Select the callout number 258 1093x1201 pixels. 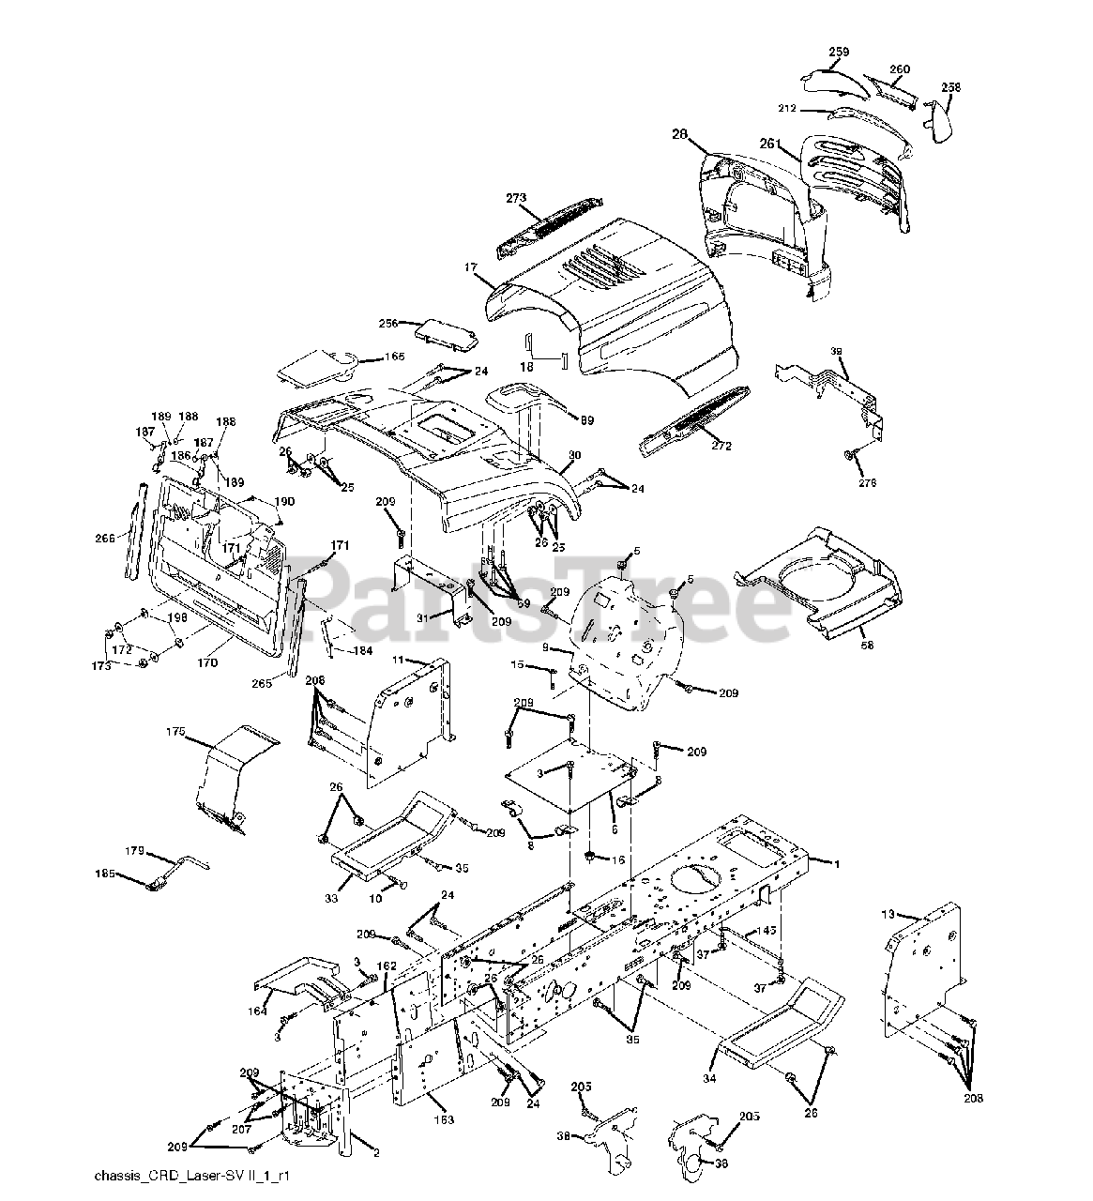tap(950, 87)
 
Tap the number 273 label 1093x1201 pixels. tap(516, 199)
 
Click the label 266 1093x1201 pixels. tap(105, 538)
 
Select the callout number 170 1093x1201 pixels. tap(207, 662)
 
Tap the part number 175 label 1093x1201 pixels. tap(175, 731)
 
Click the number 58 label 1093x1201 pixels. tap(869, 647)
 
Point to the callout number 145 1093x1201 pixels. tap(791, 931)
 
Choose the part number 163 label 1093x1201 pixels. tap(443, 1119)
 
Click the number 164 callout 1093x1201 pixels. tap(257, 1011)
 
